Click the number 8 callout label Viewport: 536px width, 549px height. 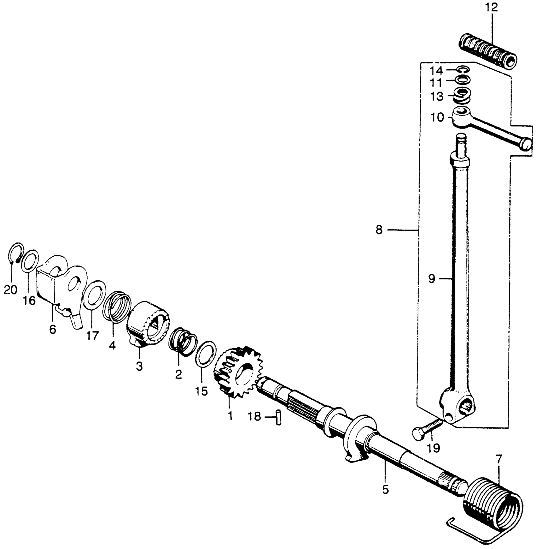[379, 230]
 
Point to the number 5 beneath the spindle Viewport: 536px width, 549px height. [385, 490]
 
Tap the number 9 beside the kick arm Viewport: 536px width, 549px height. [432, 279]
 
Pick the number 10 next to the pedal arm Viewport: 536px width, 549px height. [437, 118]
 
